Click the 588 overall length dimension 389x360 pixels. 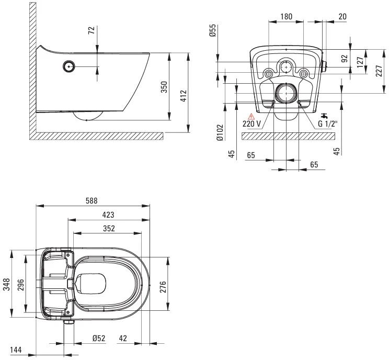[91, 200]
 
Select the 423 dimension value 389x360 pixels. [108, 215]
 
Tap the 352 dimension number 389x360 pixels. [109, 229]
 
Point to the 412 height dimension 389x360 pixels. [183, 96]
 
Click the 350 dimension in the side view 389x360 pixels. [164, 87]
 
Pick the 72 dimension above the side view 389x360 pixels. [92, 30]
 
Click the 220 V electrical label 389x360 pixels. [251, 123]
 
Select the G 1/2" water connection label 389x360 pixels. [328, 123]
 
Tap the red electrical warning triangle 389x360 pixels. [251, 117]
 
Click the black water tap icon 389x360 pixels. [324, 116]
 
